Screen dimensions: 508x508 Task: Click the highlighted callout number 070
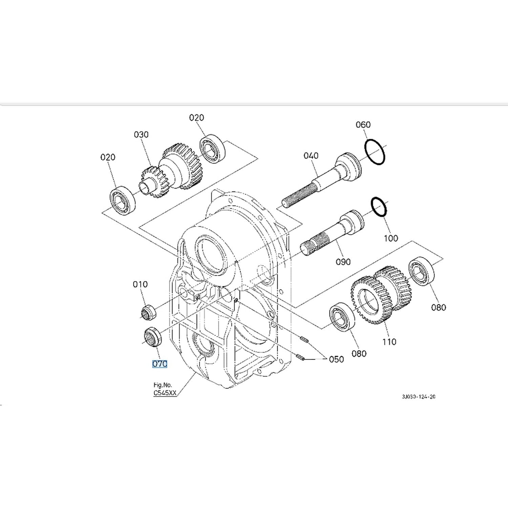(x=160, y=364)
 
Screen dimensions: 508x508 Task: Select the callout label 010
(x=140, y=284)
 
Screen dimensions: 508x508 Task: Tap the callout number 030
(x=141, y=134)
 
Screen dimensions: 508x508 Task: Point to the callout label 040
(x=311, y=155)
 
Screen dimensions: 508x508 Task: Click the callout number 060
(x=363, y=125)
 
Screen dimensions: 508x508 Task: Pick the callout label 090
(x=343, y=262)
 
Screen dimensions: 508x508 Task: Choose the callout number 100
(x=391, y=238)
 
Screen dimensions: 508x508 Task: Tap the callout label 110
(x=389, y=342)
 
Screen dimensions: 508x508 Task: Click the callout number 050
(x=336, y=359)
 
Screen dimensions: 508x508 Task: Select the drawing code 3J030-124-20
(x=419, y=397)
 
